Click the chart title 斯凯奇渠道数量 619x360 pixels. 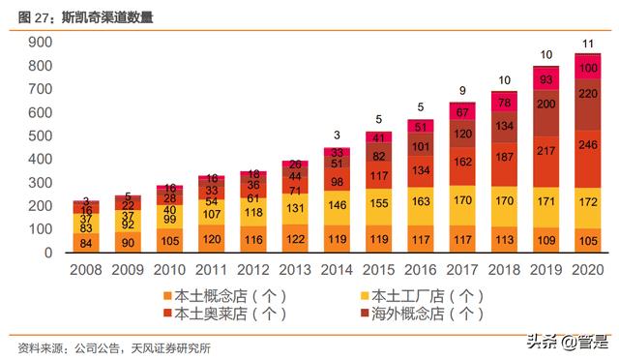[106, 17]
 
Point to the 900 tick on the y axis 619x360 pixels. [38, 43]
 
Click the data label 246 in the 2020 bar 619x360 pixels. [587, 144]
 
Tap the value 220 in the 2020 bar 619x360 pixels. [587, 95]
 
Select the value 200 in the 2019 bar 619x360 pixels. [545, 104]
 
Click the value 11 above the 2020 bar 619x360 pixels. [587, 44]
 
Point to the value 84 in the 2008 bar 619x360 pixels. [85, 242]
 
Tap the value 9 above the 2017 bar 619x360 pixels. [462, 90]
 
